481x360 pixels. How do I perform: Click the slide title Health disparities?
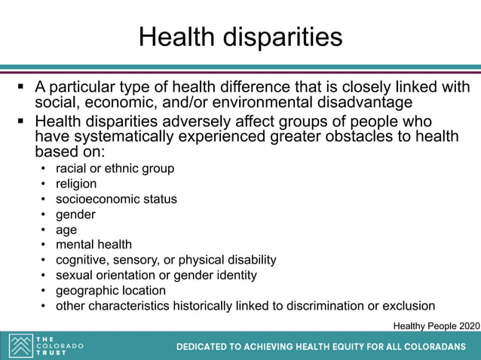pos(240,36)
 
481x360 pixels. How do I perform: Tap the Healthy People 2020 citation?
pos(436,325)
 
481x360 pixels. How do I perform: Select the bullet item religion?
pos(76,184)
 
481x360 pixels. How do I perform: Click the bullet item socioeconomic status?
pos(116,199)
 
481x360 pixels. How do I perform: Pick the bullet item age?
pos(66,230)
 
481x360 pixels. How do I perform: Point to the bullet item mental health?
pos(93,245)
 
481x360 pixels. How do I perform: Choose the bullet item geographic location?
pos(111,291)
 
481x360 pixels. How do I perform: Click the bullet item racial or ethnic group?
pos(115,169)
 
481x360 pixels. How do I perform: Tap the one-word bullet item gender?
pos(75,215)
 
